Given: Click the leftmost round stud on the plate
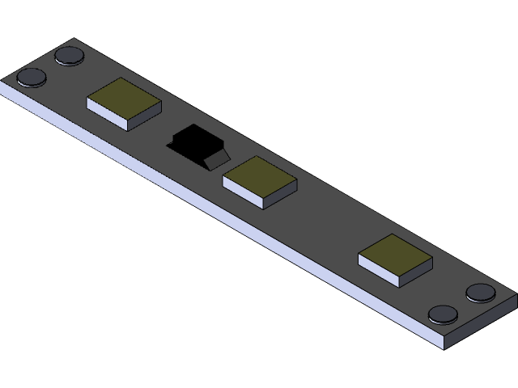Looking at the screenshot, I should click(32, 78).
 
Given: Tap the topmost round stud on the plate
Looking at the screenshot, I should click(70, 56).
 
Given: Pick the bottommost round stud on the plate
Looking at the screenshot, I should click(443, 314).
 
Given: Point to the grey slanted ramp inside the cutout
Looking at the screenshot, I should click(217, 157).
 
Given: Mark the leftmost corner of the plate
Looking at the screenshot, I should click(2, 84).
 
